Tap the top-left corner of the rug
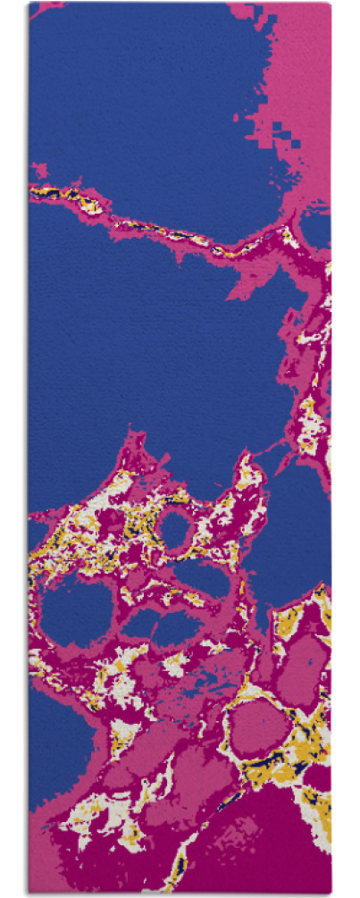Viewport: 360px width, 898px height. point(29,4)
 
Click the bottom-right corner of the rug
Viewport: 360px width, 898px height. point(330,893)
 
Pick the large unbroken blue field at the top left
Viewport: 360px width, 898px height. point(134,89)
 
